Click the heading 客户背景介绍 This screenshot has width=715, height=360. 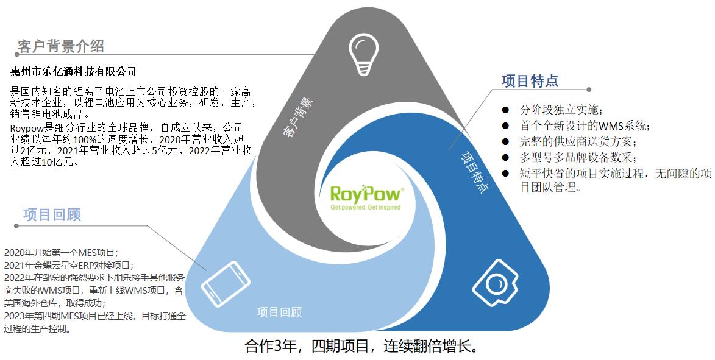click(61, 46)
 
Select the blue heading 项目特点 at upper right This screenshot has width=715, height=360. click(530, 81)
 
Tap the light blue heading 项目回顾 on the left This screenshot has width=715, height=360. click(52, 214)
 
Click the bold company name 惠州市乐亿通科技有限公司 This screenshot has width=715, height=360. click(74, 71)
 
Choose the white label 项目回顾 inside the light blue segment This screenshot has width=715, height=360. click(279, 312)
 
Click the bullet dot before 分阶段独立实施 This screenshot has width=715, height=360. click(505, 110)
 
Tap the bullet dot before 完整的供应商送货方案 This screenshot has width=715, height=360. click(505, 142)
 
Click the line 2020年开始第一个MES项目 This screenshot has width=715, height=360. click(60, 253)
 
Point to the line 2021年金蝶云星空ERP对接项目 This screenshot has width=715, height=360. click(68, 265)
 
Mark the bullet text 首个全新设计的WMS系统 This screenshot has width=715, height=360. click(585, 126)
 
